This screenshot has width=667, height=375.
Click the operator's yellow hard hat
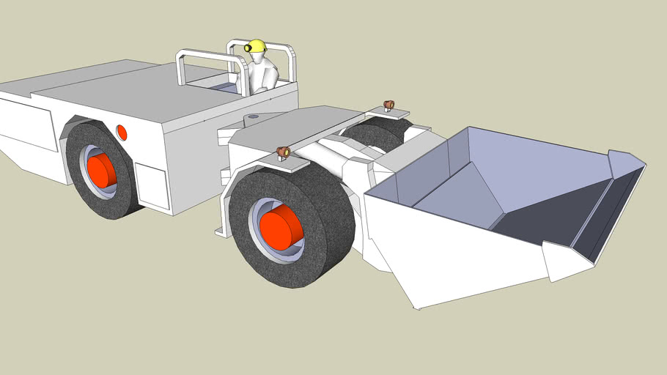click(x=257, y=46)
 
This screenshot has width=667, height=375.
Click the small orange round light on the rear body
click(x=122, y=133)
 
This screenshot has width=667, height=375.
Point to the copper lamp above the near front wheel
click(x=283, y=152)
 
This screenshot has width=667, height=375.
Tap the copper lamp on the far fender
click(x=388, y=104)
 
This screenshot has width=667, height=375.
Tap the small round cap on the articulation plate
click(x=253, y=116)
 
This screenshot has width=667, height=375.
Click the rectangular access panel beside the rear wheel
click(x=152, y=186)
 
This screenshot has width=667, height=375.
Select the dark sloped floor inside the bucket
click(x=542, y=212)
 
